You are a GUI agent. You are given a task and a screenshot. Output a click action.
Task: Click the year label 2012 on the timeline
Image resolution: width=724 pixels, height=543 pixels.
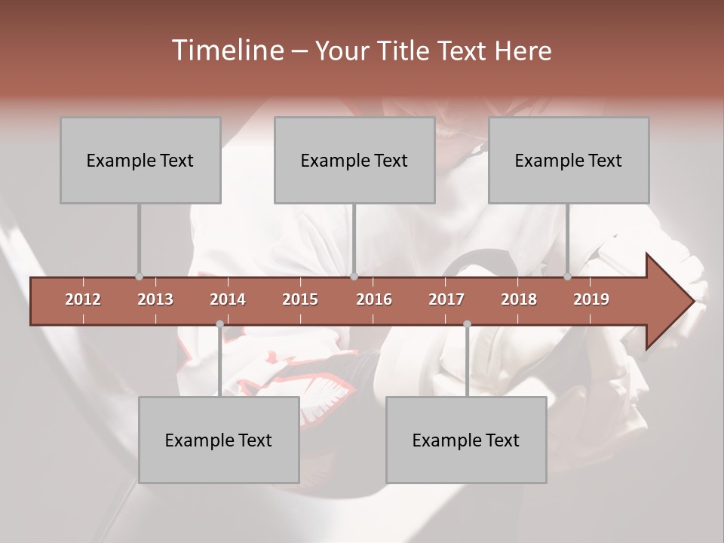coord(83,299)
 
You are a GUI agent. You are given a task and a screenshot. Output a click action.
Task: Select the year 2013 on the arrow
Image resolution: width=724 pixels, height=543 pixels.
coord(155,299)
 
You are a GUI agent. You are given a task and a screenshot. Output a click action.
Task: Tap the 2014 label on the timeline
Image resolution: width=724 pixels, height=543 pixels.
coord(228,299)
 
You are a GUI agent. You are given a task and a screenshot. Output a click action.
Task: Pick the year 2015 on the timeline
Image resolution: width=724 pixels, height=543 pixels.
coord(300,299)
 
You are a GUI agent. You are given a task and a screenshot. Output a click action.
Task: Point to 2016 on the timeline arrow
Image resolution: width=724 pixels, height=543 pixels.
coord(374,299)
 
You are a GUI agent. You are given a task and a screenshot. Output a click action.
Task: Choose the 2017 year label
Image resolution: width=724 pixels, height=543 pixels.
coord(446,299)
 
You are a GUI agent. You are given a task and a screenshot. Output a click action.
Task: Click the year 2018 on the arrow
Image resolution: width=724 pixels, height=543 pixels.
coord(519,299)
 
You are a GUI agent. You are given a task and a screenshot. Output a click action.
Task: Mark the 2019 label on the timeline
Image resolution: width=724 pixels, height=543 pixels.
coord(591,299)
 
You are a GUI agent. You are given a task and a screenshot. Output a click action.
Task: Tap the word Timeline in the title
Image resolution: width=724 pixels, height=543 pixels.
coord(226,51)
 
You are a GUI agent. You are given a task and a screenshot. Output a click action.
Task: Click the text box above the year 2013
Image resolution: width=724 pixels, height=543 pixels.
coord(140,160)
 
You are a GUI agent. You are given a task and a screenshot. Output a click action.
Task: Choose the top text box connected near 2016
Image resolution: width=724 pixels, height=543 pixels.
coord(354,160)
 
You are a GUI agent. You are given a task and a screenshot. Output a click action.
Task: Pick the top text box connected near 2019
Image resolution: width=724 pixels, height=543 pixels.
coord(569,160)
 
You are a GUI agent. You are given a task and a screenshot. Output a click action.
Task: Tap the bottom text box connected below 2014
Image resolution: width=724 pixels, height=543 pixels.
coord(219,440)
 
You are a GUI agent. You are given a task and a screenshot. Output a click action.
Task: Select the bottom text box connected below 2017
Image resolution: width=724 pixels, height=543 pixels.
coord(466,440)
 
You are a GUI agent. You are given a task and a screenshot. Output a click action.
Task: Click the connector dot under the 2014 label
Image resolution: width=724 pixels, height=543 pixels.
coord(219,324)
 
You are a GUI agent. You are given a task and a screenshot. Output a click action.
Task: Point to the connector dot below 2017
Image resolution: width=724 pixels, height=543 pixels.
coord(467,324)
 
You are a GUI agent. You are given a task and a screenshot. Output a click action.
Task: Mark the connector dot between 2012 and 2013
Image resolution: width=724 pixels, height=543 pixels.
coord(139,277)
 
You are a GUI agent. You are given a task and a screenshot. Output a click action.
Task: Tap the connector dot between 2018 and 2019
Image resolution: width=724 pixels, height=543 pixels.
coord(567,277)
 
